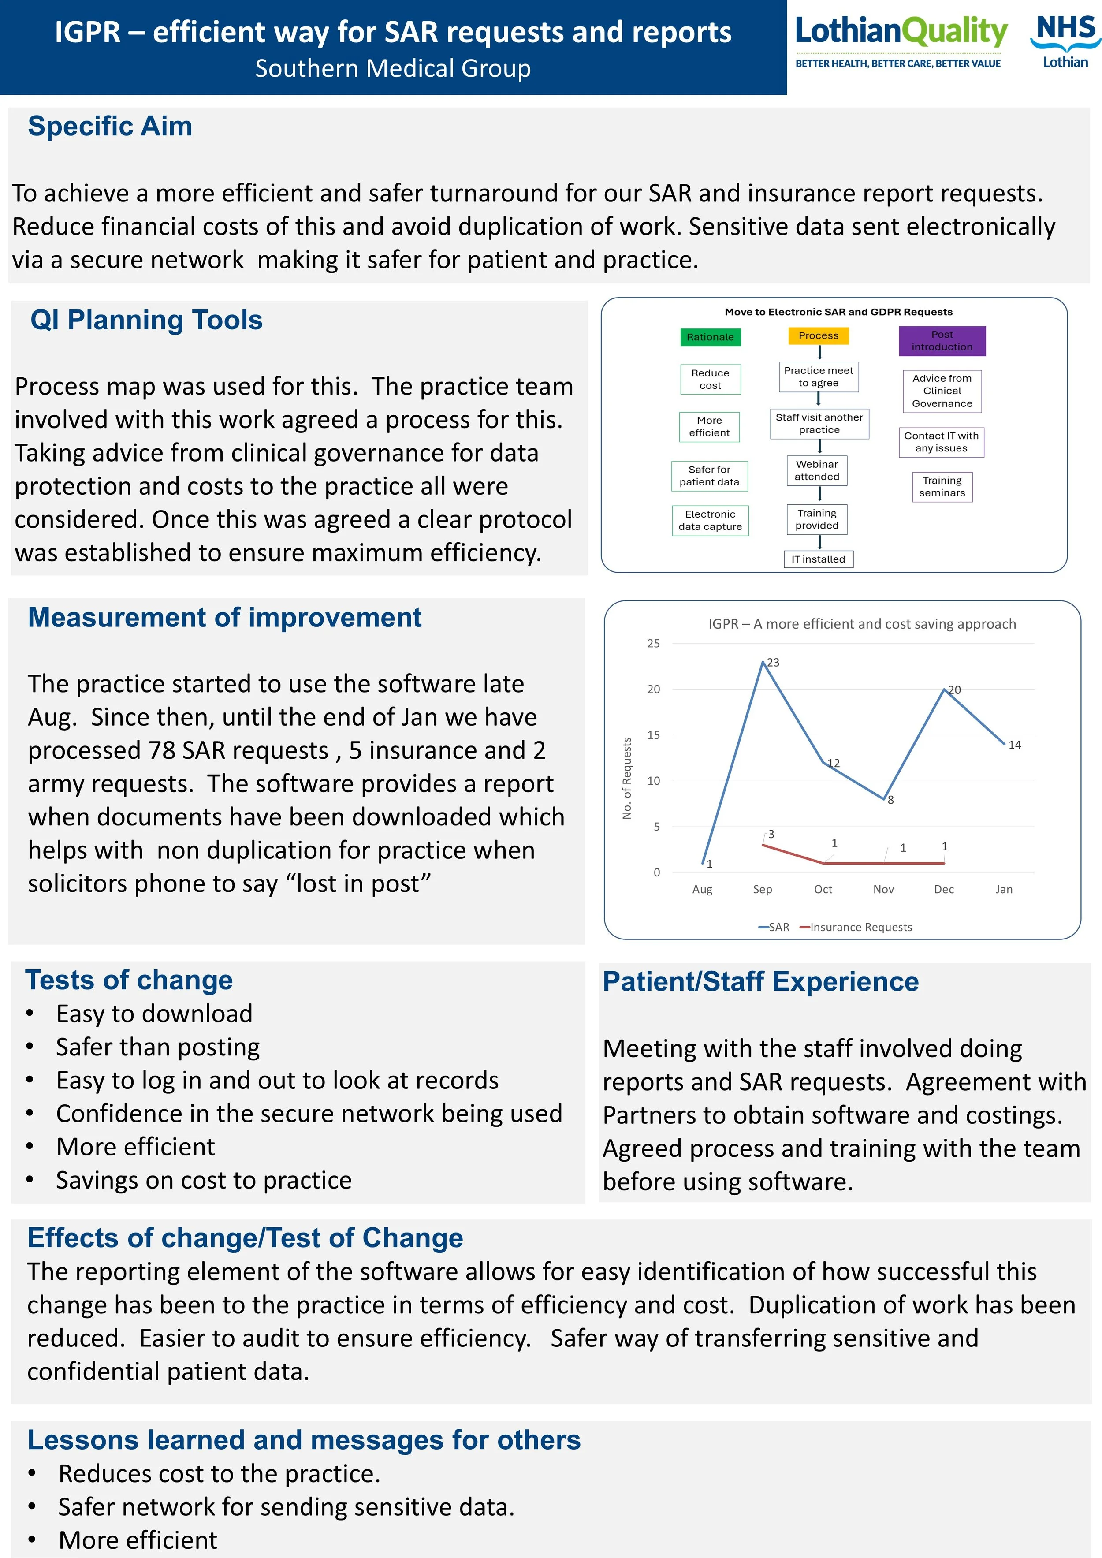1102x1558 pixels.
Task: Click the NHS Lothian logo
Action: pos(1064,42)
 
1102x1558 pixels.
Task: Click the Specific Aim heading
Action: pos(110,126)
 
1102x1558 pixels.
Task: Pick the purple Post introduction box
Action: pos(942,341)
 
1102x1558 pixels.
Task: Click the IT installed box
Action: pos(819,559)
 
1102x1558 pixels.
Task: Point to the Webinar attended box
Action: pos(817,470)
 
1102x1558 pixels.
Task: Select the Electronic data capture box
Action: pos(710,521)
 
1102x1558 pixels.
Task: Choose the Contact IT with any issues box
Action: pos(941,442)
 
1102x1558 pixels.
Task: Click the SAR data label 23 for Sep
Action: pos(773,662)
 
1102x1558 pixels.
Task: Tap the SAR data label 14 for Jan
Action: pos(1014,745)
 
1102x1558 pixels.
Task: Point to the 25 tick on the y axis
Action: pos(653,643)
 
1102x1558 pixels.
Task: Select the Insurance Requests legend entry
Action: pos(856,927)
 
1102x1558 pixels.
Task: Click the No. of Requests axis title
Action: pos(627,778)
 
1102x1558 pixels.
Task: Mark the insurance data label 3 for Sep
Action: pos(771,834)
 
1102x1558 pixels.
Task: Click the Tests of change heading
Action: pos(129,980)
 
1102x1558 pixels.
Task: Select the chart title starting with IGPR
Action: pos(862,624)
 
